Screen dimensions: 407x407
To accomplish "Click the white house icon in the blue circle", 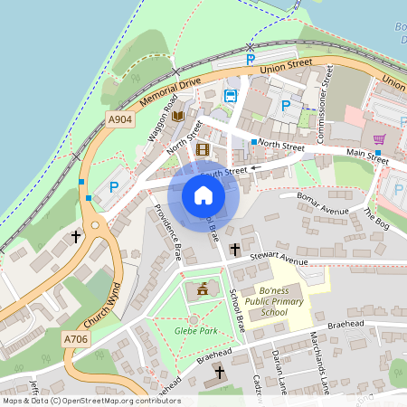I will (x=203, y=195).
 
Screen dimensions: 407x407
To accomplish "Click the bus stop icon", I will (x=231, y=96).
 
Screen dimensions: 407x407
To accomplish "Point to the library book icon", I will (x=177, y=116).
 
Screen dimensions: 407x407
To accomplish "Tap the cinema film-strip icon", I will (x=203, y=149).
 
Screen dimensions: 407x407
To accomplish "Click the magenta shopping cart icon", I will (x=379, y=139).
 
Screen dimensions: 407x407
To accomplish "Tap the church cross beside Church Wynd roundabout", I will (x=76, y=237).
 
